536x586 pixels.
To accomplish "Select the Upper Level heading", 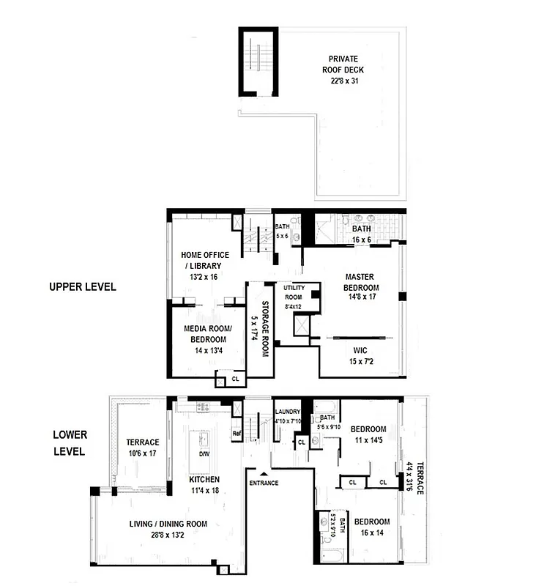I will pos(82,287).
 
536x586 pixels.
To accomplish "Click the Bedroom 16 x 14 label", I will pos(372,527).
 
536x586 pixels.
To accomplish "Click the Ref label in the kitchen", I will pos(236,433).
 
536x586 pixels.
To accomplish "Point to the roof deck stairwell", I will pos(259,63).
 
